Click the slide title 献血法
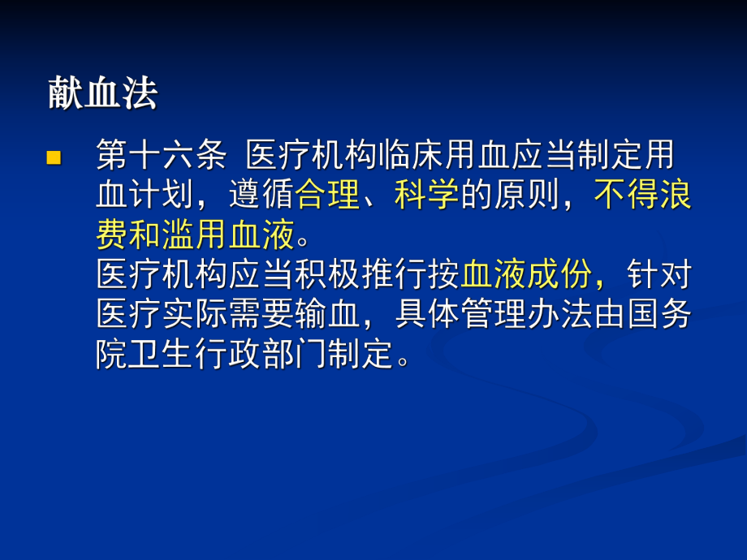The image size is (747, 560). pyautogui.click(x=102, y=95)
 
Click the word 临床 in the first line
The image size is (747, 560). pyautogui.click(x=410, y=155)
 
